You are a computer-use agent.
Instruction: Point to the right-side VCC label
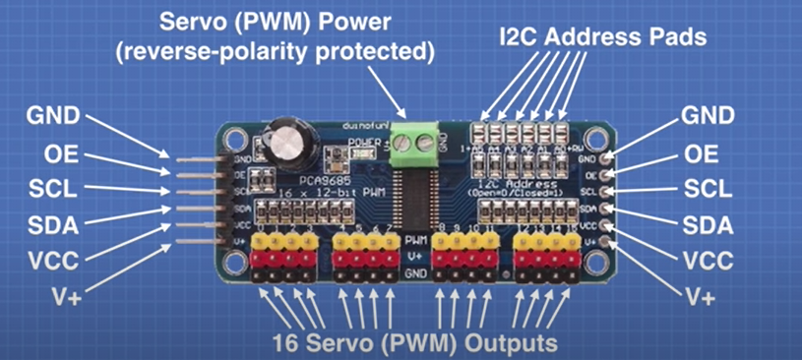coord(708,262)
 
